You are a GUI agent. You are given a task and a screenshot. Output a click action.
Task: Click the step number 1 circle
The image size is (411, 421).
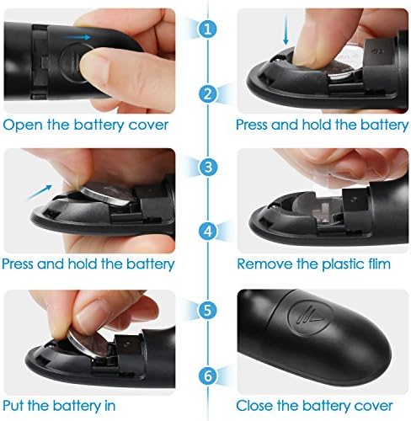tap(207, 29)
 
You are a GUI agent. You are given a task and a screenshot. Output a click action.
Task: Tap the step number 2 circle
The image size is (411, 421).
tap(208, 93)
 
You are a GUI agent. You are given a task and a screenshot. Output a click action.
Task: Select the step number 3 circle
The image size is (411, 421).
tap(208, 167)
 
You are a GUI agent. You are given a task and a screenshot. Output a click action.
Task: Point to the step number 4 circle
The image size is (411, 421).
tap(208, 231)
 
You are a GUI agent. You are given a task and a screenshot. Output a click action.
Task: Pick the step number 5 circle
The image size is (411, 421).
tap(208, 310)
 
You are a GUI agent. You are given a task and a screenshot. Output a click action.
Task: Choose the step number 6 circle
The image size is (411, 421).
tap(208, 376)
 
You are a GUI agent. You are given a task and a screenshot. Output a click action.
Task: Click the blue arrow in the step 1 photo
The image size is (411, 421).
tap(76, 37)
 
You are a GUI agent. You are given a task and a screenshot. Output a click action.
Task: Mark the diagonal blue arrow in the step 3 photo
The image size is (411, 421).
tap(40, 192)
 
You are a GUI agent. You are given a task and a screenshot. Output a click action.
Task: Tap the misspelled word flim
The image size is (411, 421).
tap(378, 264)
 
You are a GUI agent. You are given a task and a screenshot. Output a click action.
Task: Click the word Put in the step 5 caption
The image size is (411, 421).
tap(13, 406)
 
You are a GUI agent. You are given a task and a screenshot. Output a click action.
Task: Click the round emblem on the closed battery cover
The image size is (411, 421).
tap(310, 317)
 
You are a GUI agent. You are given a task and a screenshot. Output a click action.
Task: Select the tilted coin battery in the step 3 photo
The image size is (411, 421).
tap(106, 195)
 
